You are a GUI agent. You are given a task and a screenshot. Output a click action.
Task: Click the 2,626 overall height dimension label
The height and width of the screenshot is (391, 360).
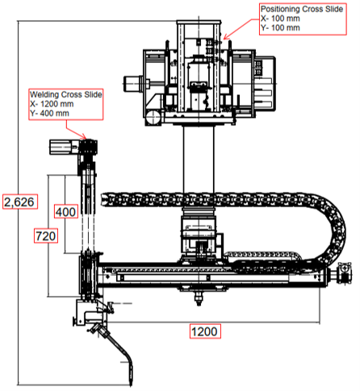[20, 202]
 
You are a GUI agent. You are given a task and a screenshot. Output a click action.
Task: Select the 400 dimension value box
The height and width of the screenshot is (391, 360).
[66, 211]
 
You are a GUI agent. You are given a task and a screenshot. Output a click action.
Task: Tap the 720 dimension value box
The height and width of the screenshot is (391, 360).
[46, 236]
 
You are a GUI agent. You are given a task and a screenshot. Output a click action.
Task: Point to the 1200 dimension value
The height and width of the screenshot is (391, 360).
[205, 331]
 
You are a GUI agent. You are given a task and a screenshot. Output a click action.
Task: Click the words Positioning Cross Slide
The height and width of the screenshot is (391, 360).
[302, 9]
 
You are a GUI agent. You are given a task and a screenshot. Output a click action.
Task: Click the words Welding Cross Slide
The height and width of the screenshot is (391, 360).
[66, 94]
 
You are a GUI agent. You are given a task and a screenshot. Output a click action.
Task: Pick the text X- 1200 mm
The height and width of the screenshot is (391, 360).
[52, 104]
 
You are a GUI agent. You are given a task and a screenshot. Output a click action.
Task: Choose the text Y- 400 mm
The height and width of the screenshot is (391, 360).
[49, 113]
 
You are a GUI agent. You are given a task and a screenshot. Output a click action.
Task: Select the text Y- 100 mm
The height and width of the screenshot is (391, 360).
[280, 27]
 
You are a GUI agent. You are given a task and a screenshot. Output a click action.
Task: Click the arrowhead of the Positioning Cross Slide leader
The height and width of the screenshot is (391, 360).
[226, 37]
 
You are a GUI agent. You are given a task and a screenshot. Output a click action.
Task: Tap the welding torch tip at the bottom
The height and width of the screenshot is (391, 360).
[132, 381]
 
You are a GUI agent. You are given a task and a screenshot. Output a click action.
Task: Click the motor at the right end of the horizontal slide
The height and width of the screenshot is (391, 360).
[345, 273]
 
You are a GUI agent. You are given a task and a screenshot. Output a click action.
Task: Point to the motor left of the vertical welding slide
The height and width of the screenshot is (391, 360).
[61, 148]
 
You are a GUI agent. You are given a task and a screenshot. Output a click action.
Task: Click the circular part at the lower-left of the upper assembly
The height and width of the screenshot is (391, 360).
[153, 118]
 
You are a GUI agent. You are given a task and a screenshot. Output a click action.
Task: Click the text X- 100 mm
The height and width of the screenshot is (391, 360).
[280, 19]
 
